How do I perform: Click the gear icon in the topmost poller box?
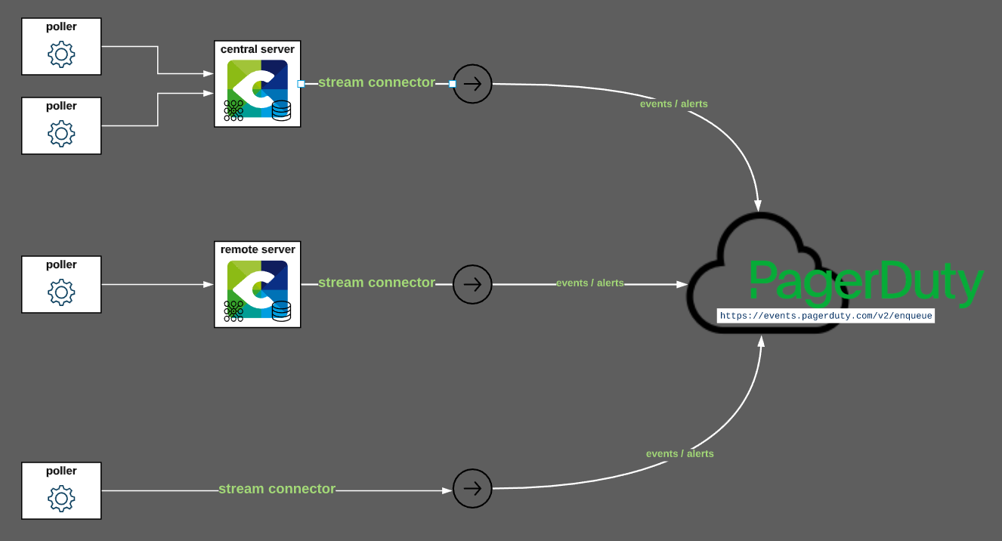coord(61,54)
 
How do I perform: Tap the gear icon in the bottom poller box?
coord(61,499)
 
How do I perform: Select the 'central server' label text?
coord(258,49)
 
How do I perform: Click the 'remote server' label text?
coord(258,249)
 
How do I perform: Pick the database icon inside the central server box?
coord(281,110)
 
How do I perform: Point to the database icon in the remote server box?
coord(281,311)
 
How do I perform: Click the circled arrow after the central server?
coord(472,84)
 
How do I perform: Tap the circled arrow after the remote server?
coord(472,284)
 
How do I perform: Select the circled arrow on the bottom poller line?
coord(472,489)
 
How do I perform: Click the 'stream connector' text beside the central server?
coord(376,82)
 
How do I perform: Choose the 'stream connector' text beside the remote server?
coord(376,283)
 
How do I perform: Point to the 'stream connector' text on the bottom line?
coord(277,489)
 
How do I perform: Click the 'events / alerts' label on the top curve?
coord(673,104)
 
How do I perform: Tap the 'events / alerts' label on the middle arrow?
coord(590,283)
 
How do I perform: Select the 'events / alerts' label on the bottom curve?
coord(679,453)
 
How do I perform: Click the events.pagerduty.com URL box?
coord(826,316)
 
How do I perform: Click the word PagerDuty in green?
coord(866,282)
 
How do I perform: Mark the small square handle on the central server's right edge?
coord(301,84)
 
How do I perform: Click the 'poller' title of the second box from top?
coord(61,106)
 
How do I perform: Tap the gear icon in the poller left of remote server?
coord(61,292)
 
